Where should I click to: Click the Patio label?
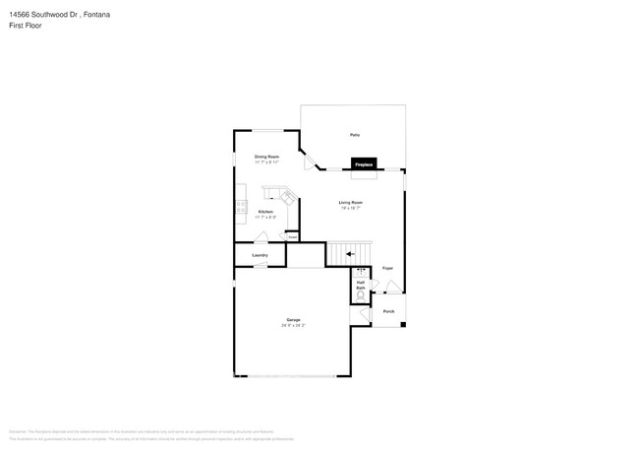tap(353, 135)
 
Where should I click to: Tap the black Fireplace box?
tap(364, 164)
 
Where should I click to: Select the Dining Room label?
tap(267, 157)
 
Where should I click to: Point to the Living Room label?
tap(351, 203)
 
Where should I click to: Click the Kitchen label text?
tap(265, 212)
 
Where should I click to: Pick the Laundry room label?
tap(260, 255)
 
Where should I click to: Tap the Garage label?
tap(293, 320)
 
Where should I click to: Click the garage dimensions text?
tap(293, 326)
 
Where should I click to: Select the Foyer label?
tap(388, 268)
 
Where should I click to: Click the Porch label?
tap(388, 311)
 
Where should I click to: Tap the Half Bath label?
tap(361, 285)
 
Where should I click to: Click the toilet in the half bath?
tap(361, 294)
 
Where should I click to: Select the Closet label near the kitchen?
tap(292, 236)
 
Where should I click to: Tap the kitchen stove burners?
tap(240, 206)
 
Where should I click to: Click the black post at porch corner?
tap(403, 325)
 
